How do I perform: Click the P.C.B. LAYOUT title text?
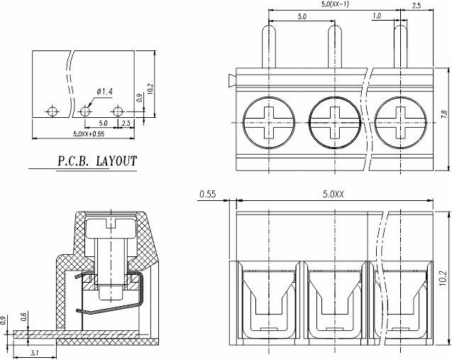[97, 160]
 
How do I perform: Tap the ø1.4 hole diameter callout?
[104, 92]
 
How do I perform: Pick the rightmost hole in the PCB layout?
[118, 111]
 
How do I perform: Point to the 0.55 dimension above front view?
[208, 193]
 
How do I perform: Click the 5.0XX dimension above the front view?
[332, 193]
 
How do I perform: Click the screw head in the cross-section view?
[111, 228]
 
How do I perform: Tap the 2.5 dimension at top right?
[417, 6]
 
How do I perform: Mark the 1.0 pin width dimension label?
[376, 15]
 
